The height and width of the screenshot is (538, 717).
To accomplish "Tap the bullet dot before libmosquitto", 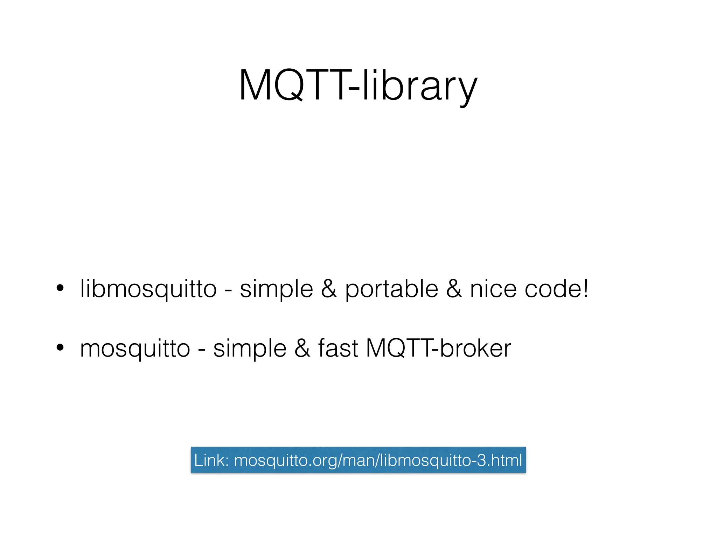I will tap(60, 288).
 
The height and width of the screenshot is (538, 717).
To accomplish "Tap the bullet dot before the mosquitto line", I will tap(60, 347).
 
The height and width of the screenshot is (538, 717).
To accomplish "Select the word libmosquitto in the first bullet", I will tap(148, 289).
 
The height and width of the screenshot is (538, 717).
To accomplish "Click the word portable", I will tap(391, 289).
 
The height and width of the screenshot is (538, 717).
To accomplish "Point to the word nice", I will tap(493, 289).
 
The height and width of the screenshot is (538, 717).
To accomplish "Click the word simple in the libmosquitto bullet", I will tap(276, 289).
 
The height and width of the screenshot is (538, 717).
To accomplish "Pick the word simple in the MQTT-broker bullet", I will tap(250, 349).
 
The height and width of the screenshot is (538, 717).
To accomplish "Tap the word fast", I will tap(338, 348).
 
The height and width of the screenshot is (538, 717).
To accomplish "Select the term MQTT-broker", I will tap(438, 348).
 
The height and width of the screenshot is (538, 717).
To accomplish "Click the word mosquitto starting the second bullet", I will tap(135, 349).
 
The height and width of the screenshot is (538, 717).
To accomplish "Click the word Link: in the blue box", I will tap(211, 460).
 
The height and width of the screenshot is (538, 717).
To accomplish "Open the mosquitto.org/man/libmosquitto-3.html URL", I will tap(378, 460).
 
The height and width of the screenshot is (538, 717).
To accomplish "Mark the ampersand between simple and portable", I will tap(329, 289).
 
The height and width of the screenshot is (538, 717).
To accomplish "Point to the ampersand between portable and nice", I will tap(454, 289).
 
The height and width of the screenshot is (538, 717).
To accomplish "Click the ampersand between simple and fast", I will tap(302, 349).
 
